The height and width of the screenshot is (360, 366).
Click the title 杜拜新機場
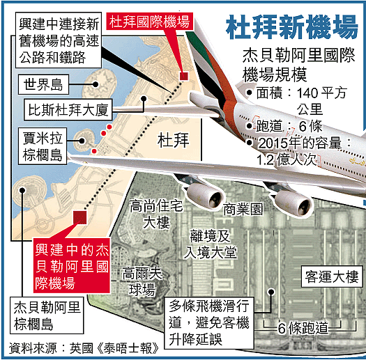point(292,27)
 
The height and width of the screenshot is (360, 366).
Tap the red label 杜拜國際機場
point(150,22)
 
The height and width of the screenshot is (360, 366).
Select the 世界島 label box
point(43,84)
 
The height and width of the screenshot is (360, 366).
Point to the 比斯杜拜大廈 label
point(68,110)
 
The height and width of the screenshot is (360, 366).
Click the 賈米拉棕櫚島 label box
point(43,146)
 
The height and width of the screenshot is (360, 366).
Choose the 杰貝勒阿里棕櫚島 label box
point(47,315)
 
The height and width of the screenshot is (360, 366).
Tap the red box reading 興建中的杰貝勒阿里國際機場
point(72,265)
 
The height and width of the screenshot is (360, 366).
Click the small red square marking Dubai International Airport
point(184,76)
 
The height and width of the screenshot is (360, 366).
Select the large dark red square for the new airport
point(80,217)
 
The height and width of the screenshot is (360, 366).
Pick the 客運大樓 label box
point(332,276)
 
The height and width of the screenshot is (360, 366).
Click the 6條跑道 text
point(303,328)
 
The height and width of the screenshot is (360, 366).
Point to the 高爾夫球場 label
point(142,281)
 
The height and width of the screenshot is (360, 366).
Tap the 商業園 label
point(243,209)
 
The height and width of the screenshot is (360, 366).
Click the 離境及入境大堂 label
point(210,244)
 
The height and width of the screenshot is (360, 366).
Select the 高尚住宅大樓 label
point(156,214)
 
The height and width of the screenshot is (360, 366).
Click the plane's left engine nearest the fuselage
point(293,203)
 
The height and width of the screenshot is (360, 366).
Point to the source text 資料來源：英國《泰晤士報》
point(84,348)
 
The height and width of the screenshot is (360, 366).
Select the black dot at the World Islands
point(95,84)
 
